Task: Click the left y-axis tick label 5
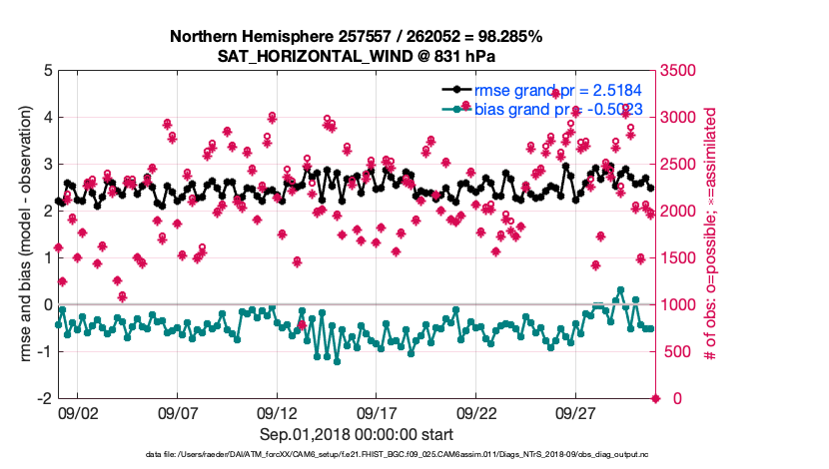[47, 71]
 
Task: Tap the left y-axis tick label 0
[47, 304]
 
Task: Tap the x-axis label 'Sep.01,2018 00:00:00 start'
[356, 434]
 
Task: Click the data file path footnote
[356, 455]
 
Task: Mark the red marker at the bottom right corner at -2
[655, 398]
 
